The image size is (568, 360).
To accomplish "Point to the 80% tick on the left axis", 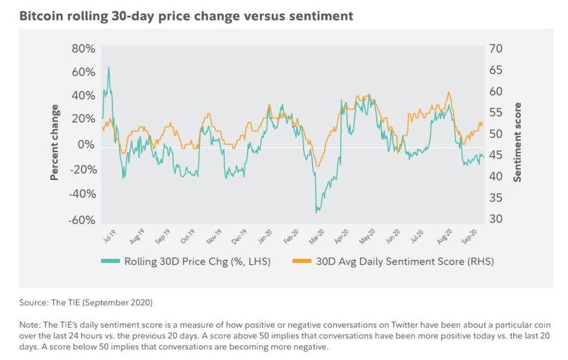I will (83, 49).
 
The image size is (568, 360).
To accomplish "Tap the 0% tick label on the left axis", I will (87, 144).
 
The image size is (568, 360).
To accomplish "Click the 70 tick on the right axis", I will (496, 49).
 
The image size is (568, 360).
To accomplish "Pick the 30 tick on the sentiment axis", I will (496, 219).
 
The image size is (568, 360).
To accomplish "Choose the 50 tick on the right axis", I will (496, 134).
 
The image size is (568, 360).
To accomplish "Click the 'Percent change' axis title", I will (54, 142).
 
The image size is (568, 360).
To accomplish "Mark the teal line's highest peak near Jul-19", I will (108, 67).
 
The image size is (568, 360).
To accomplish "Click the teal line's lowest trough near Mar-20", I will (317, 211).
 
